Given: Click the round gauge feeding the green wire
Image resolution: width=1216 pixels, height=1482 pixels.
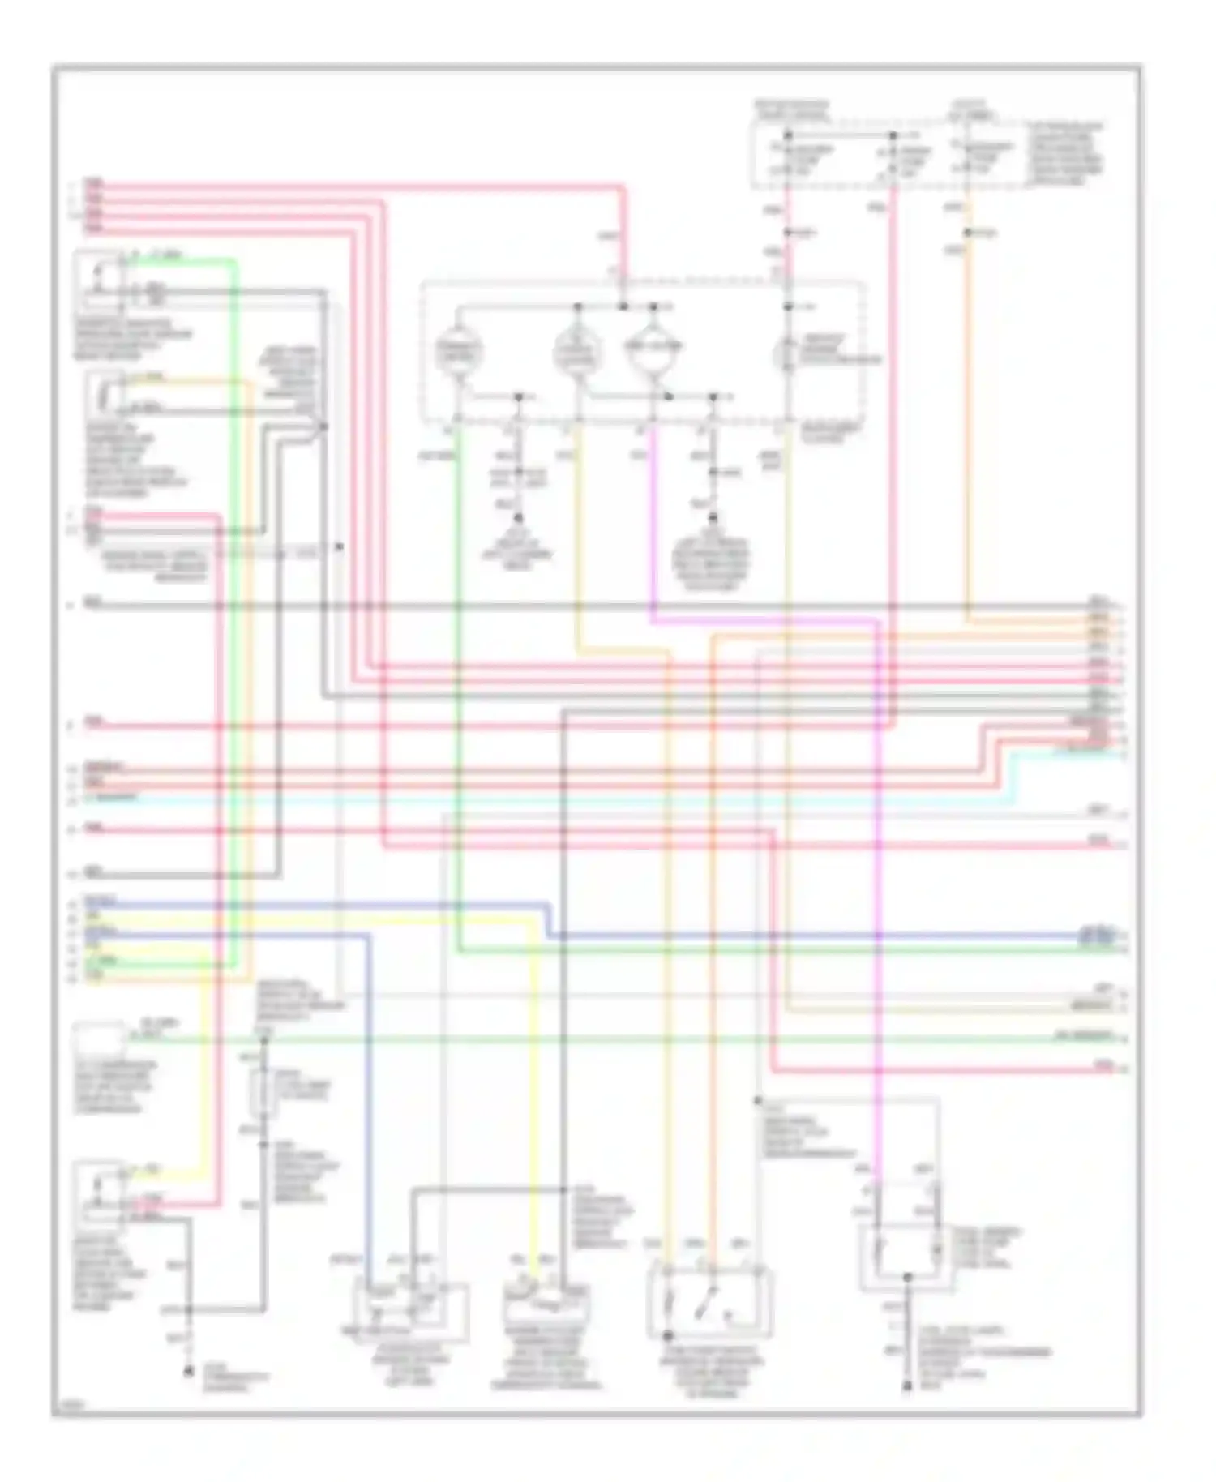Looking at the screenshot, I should pyautogui.click(x=459, y=352).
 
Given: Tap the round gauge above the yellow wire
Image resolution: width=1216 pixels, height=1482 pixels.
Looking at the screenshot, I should pyautogui.click(x=577, y=352).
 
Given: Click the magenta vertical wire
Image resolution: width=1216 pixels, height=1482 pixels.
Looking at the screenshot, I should pyautogui.click(x=876, y=892).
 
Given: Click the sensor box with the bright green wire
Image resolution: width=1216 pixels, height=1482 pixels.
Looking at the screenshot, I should pyautogui.click(x=99, y=280).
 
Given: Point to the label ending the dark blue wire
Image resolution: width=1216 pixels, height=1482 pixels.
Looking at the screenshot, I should pyautogui.click(x=1098, y=934).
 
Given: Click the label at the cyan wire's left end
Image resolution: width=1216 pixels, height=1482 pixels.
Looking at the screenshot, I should pyautogui.click(x=113, y=799).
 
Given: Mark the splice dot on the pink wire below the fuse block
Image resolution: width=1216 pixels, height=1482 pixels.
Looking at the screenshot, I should pyautogui.click(x=788, y=233).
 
